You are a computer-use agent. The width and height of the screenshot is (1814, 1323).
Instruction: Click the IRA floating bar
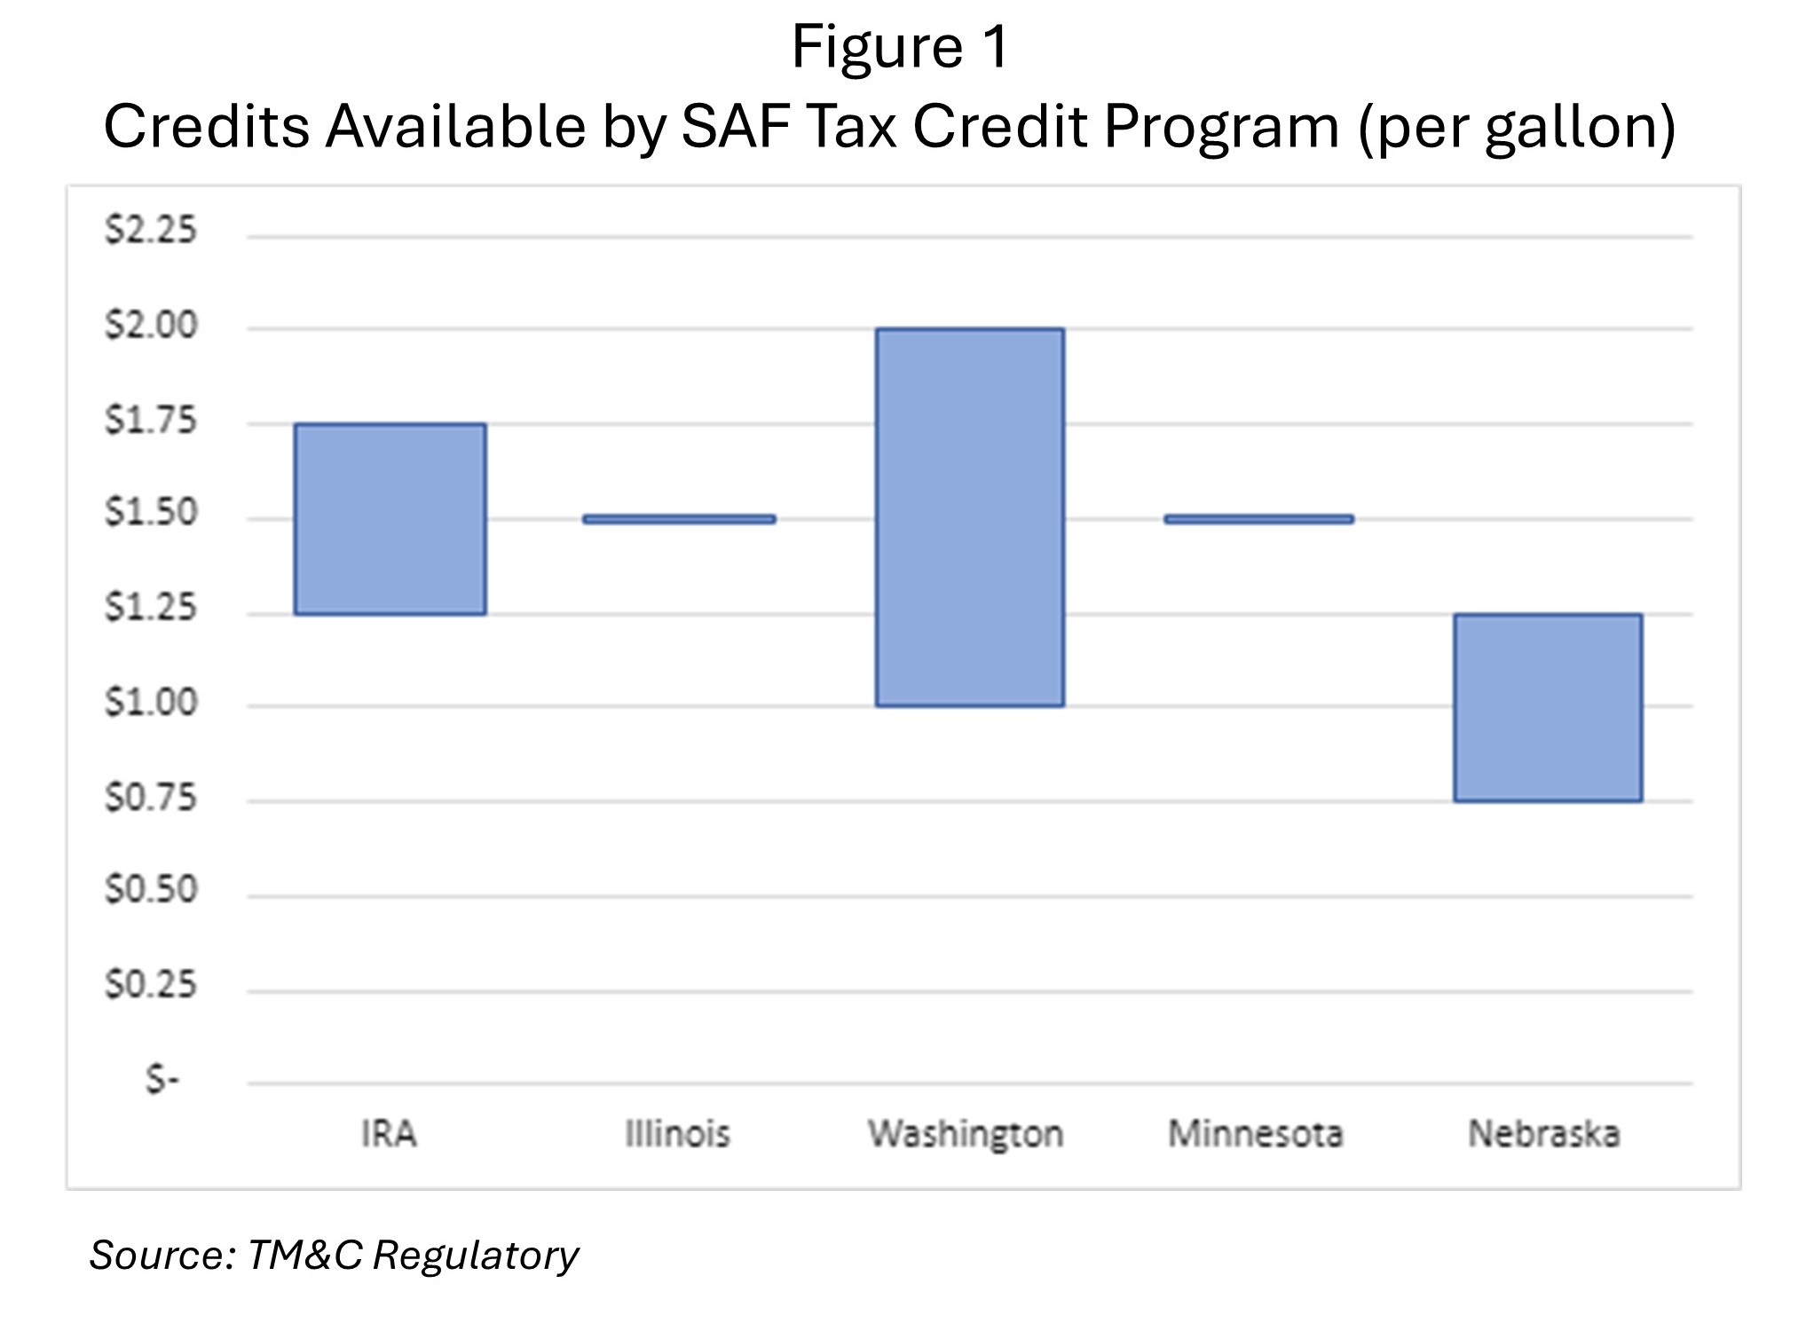click(390, 519)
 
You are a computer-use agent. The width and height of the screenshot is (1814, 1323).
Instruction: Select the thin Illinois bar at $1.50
click(679, 519)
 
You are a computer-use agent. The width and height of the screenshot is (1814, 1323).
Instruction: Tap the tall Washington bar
click(970, 517)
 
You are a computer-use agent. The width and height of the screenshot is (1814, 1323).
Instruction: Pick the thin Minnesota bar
click(1258, 519)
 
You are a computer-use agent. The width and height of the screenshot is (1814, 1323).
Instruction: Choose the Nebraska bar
click(1548, 707)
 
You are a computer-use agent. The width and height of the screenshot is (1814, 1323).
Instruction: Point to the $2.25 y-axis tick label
click(151, 231)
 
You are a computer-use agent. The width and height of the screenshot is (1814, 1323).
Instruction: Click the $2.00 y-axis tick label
click(151, 326)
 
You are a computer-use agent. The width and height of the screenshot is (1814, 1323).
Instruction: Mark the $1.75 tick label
click(151, 421)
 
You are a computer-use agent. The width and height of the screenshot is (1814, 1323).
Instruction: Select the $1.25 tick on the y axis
click(151, 609)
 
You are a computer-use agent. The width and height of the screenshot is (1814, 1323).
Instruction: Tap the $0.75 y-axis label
click(151, 798)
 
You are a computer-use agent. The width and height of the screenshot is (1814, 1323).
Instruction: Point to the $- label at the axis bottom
click(162, 1080)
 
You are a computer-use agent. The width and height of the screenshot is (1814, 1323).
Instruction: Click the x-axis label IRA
click(389, 1134)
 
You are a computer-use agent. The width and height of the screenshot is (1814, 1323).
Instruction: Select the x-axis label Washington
click(966, 1135)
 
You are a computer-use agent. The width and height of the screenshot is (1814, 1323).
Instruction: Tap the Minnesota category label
click(1255, 1134)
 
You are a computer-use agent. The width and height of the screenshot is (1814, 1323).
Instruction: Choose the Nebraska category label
click(1544, 1134)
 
